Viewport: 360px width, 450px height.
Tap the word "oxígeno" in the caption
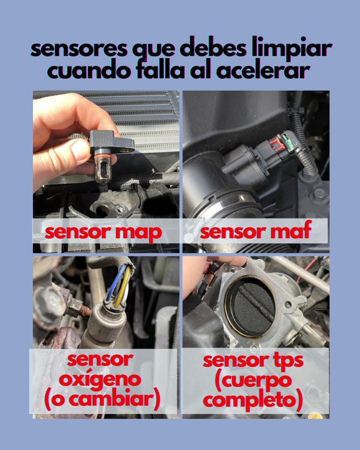point(100,380)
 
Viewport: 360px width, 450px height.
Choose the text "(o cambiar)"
point(102,399)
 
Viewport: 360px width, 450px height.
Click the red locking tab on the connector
point(277,144)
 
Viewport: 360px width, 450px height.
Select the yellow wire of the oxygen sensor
point(123,288)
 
